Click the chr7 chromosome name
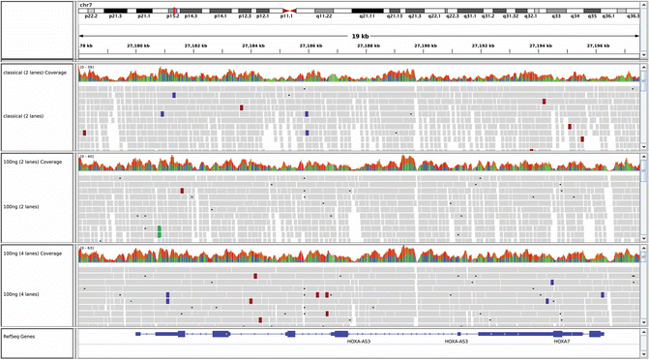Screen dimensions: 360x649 [86, 4]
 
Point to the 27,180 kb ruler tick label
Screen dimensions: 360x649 [138, 45]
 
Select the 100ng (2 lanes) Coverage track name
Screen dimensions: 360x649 [37, 162]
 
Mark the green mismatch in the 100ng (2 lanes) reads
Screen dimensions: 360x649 [160, 231]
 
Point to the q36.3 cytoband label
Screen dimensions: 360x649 [633, 16]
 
